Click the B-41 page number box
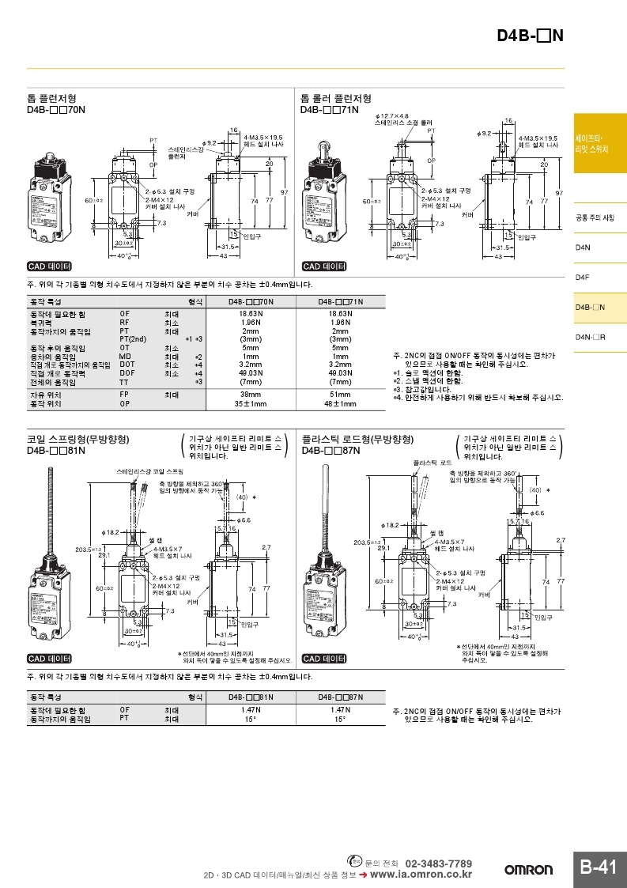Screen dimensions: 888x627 pyautogui.click(x=598, y=867)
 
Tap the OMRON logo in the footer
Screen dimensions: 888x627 pyautogui.click(x=529, y=870)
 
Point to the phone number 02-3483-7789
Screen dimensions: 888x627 pyautogui.click(x=438, y=863)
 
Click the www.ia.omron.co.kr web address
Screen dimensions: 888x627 pyautogui.click(x=421, y=874)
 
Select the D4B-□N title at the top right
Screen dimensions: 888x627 pyautogui.click(x=530, y=36)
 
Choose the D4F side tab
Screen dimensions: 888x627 pyautogui.click(x=584, y=278)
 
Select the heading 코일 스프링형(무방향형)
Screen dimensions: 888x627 pyautogui.click(x=78, y=439)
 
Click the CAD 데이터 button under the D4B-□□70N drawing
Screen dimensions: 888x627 pyautogui.click(x=50, y=266)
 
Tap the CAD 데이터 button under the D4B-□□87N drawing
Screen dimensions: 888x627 pyautogui.click(x=324, y=659)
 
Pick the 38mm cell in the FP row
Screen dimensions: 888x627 pyautogui.click(x=251, y=394)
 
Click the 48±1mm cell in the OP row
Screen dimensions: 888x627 pyautogui.click(x=340, y=403)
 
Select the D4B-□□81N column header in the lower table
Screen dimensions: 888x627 pyautogui.click(x=251, y=697)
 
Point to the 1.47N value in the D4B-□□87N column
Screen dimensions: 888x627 pyautogui.click(x=340, y=710)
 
